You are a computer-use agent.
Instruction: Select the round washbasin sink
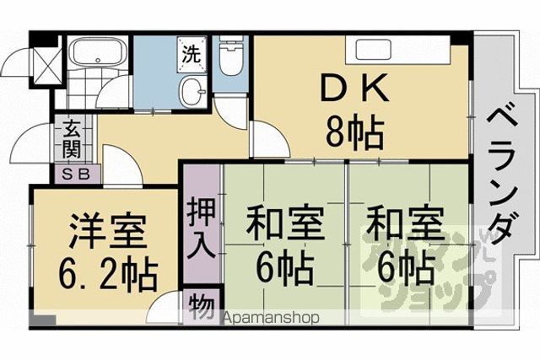point(192,91)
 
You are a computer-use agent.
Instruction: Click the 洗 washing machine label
point(192,54)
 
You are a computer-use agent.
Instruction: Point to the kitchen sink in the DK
point(374,50)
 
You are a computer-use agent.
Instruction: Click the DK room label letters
point(354,89)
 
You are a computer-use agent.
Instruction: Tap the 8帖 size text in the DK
point(354,132)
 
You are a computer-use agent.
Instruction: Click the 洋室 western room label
point(108,231)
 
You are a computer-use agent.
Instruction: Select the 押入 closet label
point(202,230)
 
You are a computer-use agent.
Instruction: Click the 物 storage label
point(202,306)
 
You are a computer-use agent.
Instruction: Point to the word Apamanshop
point(272,318)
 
